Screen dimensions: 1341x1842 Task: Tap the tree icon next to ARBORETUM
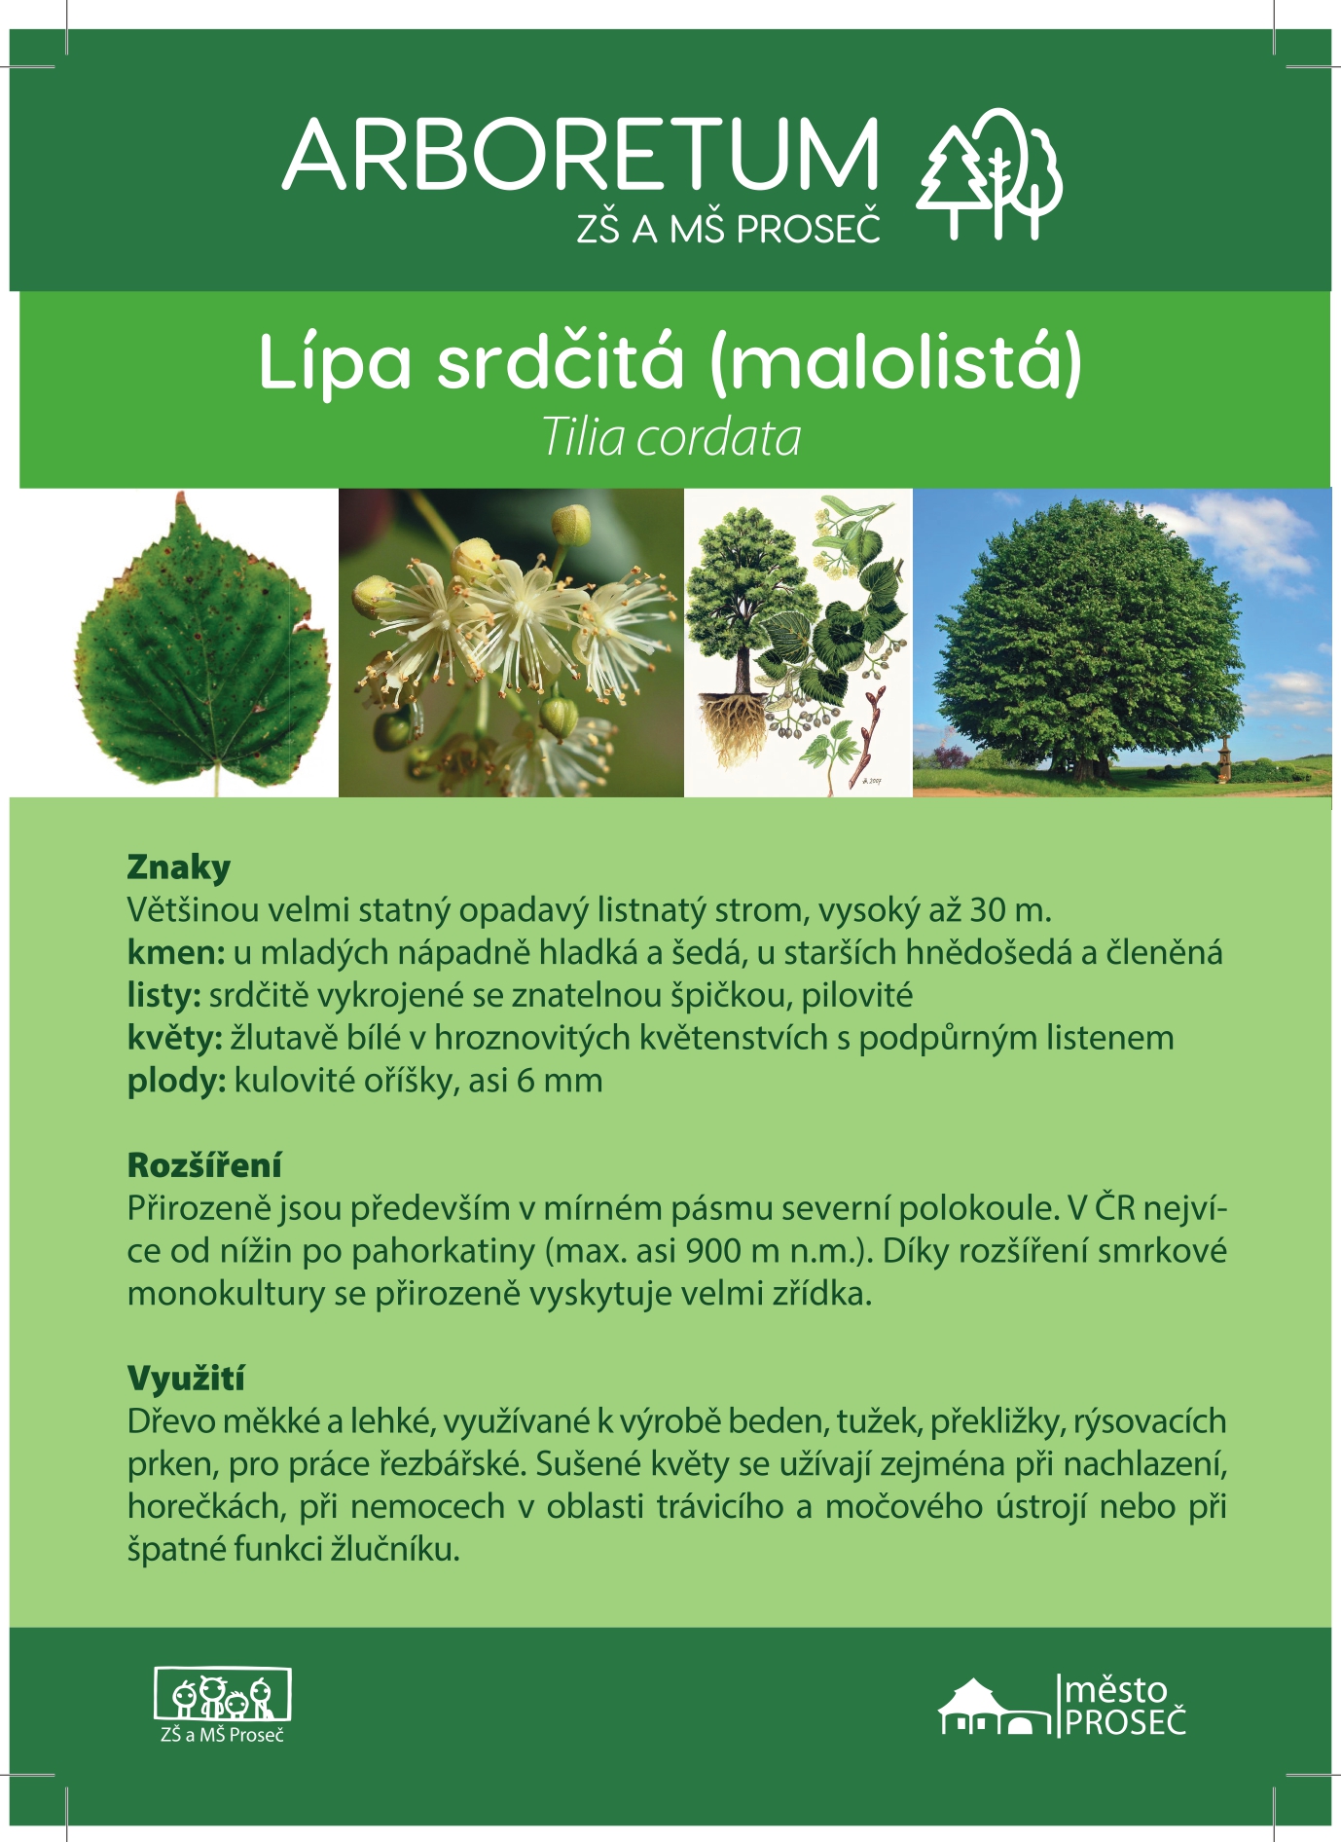pos(989,173)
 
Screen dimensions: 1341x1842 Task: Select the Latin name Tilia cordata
pos(671,437)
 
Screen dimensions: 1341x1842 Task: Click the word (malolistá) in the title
pos(896,362)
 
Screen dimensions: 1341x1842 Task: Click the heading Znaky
pos(179,866)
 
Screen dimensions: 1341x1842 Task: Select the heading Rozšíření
pos(204,1164)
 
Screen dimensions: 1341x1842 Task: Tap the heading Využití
pos(186,1378)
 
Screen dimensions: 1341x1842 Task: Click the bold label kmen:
pos(176,952)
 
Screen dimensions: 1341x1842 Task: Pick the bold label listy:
pos(163,995)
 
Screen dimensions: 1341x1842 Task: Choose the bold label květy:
pos(175,1038)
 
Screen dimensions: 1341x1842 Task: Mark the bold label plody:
pos(176,1081)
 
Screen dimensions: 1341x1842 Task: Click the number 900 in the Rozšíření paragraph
pos(714,1251)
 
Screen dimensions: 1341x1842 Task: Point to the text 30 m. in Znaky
pos(1011,909)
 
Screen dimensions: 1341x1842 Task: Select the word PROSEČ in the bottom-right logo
pos(1126,1722)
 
